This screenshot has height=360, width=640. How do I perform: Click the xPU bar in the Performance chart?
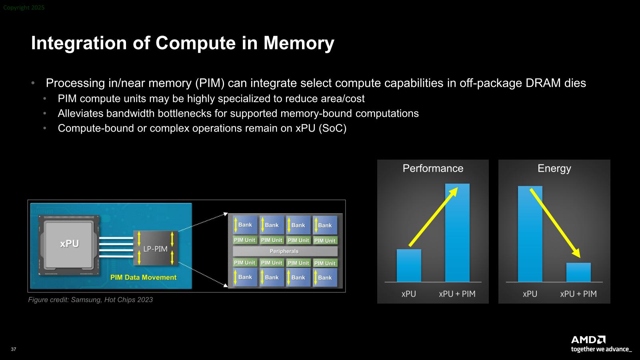click(409, 266)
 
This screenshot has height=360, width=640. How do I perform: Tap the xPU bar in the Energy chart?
click(530, 234)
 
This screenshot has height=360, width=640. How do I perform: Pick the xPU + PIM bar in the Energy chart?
click(578, 272)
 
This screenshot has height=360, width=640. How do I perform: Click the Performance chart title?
click(433, 168)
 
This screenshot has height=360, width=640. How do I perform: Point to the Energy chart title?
click(554, 168)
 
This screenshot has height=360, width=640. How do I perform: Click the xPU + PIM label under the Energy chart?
click(578, 294)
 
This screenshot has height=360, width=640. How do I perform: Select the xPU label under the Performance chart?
click(409, 294)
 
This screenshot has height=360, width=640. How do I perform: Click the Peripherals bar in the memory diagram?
click(284, 251)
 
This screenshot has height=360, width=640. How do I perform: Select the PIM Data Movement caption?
click(143, 277)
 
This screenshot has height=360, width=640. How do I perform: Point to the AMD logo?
click(588, 340)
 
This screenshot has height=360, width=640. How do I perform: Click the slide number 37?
click(14, 349)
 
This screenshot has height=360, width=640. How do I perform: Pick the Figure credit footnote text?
click(90, 300)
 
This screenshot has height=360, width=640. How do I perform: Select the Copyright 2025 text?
click(24, 8)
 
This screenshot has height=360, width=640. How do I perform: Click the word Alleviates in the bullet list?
click(80, 114)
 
